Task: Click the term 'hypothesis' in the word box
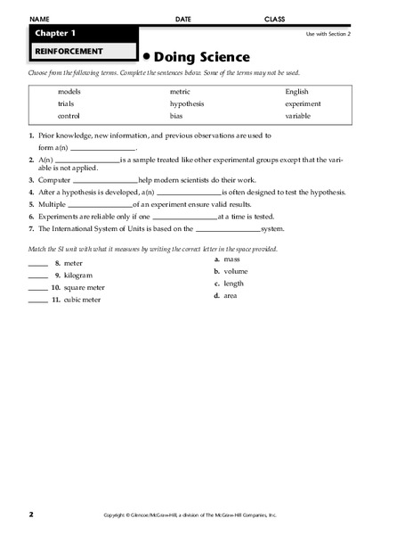[186, 103]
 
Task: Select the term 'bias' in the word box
[177, 116]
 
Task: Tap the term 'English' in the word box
[298, 92]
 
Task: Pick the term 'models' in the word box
[69, 92]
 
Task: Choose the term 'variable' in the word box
[298, 116]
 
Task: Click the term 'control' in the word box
[70, 116]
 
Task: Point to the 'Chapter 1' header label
[56, 33]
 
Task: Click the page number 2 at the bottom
[30, 514]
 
